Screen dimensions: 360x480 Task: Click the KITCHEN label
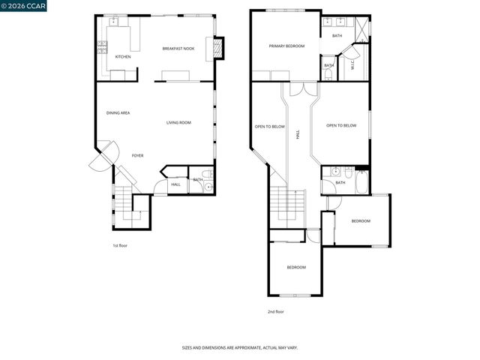pos(123,56)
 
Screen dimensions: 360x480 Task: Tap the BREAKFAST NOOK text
pos(178,49)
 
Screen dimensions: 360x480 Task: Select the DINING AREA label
pos(118,112)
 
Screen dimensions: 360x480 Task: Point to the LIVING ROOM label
pos(178,122)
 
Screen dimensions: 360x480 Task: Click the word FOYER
pos(137,155)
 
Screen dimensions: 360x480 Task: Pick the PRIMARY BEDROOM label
pos(287,46)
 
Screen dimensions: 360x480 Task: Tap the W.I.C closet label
pos(352,65)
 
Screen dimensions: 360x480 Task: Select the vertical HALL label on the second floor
pos(298,135)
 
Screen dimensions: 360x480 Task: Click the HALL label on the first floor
pos(175,184)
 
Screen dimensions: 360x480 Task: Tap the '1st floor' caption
pos(121,245)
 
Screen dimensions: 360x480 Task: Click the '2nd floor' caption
pos(276,311)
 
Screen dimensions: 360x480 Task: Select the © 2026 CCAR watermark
pos(23,6)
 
